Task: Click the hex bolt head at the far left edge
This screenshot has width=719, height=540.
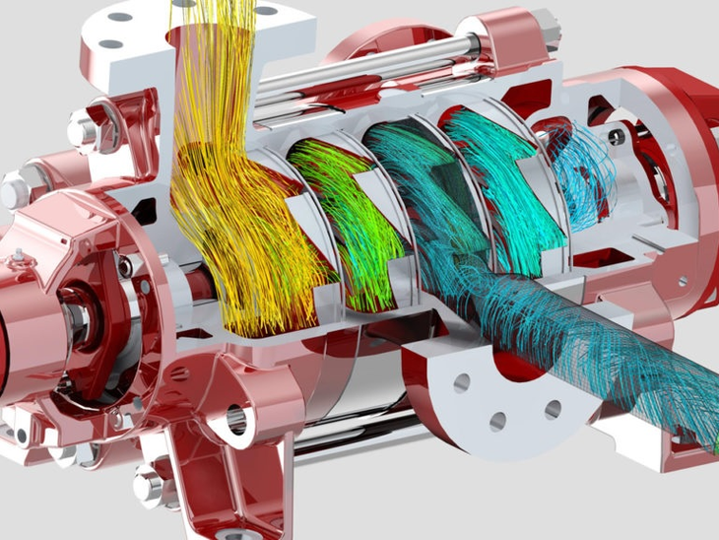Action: [x=17, y=187]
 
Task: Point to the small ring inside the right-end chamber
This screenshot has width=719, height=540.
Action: [x=618, y=138]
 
